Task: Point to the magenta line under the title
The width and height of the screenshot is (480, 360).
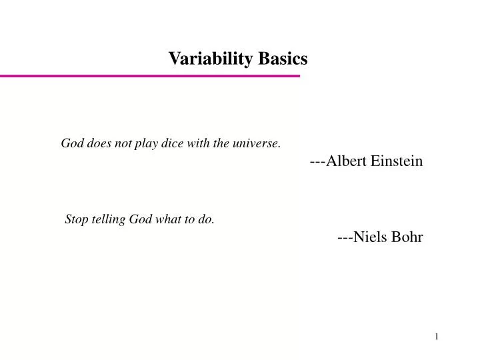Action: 150,77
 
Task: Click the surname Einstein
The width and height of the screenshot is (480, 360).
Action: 397,161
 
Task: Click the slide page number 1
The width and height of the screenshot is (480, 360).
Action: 437,336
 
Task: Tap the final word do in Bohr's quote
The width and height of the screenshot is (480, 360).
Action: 207,220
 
